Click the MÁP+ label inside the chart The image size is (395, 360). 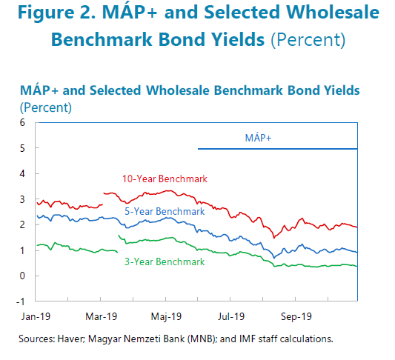258,138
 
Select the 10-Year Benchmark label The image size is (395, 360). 165,179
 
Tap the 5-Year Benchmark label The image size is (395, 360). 165,211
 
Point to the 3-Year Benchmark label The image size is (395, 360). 165,261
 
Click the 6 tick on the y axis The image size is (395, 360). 22,123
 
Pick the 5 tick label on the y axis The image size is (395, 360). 22,148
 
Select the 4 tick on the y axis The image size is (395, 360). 22,174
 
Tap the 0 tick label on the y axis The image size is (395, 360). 22,276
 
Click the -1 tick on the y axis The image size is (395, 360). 21,301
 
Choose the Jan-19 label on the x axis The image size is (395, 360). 36,316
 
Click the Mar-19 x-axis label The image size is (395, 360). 102,316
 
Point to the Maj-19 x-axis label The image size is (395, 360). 166,317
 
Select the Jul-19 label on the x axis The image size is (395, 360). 231,316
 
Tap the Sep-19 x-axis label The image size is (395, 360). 296,316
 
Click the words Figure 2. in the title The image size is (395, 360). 57,13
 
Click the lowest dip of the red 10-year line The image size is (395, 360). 274,237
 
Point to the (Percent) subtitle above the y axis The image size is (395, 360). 46,107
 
